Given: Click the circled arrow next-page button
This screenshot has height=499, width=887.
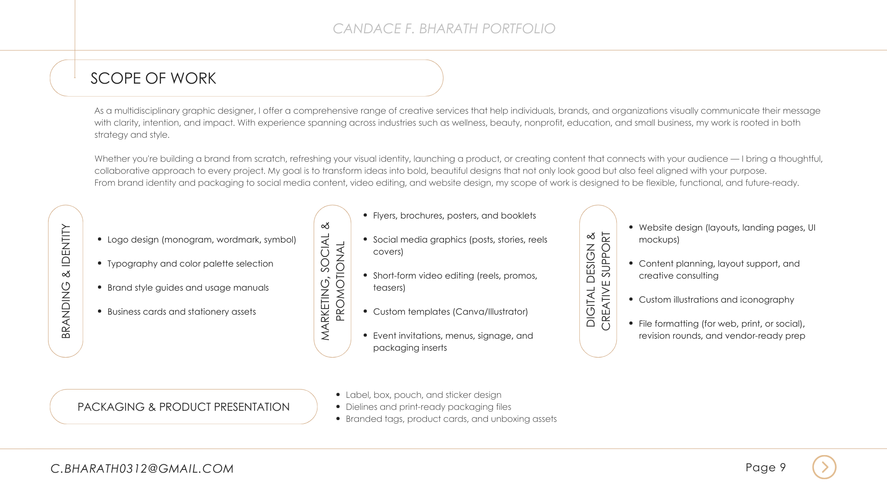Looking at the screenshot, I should [824, 467].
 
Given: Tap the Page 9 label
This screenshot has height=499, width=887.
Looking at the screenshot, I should [765, 468].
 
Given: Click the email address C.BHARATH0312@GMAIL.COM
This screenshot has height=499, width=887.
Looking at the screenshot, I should [142, 469].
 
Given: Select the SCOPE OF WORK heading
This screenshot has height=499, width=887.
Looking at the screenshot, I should [153, 79].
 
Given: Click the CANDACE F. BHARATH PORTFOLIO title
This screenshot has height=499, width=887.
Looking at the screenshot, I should [443, 29].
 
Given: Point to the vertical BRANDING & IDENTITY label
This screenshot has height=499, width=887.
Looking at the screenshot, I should [66, 281].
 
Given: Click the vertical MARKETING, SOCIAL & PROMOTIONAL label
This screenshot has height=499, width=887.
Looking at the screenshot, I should [333, 281].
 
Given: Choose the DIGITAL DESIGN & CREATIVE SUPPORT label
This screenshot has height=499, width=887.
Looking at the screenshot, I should [598, 281].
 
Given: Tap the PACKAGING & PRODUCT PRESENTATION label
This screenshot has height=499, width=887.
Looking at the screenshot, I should [183, 407].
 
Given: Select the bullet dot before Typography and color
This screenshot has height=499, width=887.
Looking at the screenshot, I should [100, 263].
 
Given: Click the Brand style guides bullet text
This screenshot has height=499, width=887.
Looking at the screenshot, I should [188, 288].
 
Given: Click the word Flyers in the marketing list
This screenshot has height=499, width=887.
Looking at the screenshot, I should [384, 216].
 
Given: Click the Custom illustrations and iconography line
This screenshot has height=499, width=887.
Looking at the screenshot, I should [716, 300].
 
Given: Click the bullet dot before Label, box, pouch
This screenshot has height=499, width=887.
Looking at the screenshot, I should [338, 395].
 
